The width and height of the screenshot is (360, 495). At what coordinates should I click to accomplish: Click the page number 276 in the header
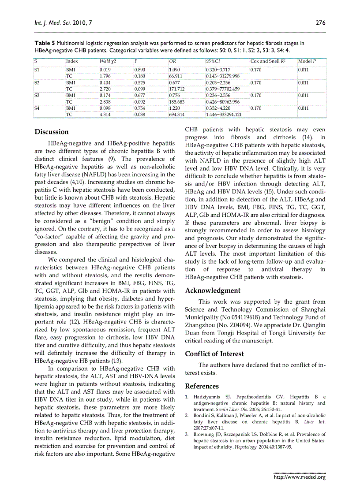click(x=320, y=23)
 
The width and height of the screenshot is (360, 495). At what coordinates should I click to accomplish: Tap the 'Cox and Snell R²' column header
click(x=269, y=61)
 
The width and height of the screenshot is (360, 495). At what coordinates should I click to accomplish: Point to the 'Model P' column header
click(x=307, y=61)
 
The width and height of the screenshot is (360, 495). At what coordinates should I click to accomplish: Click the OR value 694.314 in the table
click(x=177, y=115)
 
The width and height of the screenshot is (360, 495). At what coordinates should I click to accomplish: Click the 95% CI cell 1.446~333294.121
click(x=224, y=115)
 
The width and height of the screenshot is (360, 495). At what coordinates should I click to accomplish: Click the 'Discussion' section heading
click(x=52, y=132)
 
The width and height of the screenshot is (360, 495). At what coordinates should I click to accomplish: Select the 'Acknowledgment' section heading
click(x=213, y=290)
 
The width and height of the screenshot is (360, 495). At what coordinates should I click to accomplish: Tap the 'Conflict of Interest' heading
click(x=214, y=354)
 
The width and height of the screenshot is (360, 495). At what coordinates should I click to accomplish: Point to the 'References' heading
click(x=202, y=387)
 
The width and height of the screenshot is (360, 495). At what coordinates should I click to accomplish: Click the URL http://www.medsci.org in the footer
click(x=300, y=477)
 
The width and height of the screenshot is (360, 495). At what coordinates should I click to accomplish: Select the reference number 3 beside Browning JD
click(x=187, y=434)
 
